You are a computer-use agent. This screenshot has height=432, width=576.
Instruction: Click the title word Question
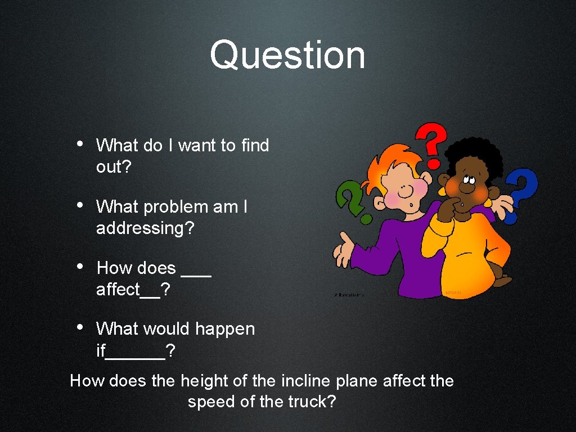point(287,56)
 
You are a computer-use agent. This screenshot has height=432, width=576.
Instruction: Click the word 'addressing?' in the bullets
point(145,228)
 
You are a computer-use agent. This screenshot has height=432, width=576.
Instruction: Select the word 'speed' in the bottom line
point(208,402)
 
